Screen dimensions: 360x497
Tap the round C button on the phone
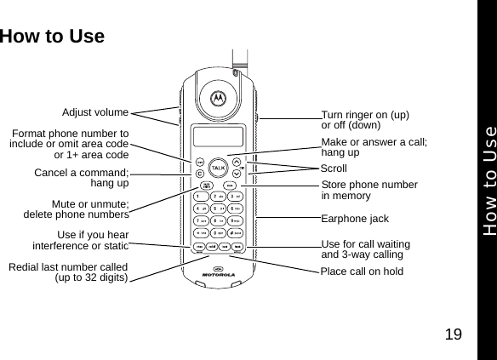coord(199,175)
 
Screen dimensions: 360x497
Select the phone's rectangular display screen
coord(218,135)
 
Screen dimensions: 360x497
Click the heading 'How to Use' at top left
coord(53,37)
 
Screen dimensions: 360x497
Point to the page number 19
coord(456,334)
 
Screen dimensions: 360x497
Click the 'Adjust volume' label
coord(95,111)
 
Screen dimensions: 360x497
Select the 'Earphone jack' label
coord(355,218)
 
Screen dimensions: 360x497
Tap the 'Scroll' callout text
coord(334,169)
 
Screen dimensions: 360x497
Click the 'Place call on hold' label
coord(362,271)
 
